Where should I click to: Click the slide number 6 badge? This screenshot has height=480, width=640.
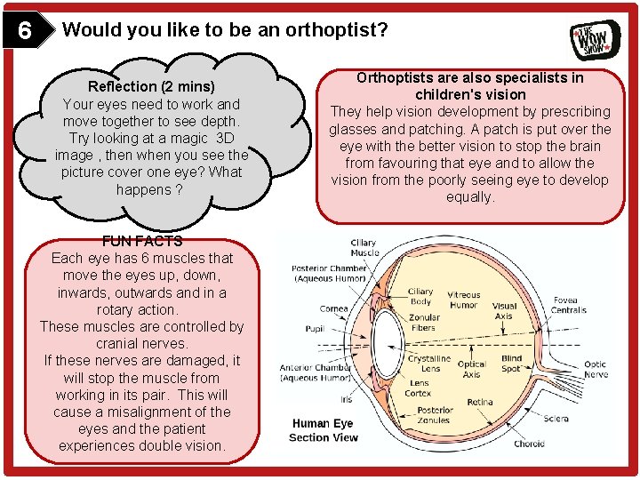[25, 32]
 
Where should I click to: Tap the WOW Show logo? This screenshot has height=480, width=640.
[595, 39]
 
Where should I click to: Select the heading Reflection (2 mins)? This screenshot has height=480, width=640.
[151, 86]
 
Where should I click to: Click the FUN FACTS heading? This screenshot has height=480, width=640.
[142, 241]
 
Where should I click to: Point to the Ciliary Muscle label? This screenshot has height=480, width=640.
[364, 247]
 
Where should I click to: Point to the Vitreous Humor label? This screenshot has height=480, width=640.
[463, 300]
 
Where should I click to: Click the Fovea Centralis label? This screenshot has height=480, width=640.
[569, 306]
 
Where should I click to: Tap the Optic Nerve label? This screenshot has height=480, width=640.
[595, 370]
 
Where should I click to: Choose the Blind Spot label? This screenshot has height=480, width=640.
[511, 363]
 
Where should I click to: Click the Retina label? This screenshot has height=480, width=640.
[480, 402]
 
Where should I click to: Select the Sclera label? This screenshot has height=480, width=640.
[556, 418]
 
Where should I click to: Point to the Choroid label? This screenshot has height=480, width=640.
[529, 444]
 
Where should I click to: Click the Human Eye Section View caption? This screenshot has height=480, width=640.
[324, 430]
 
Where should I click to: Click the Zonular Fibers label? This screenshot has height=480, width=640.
[423, 323]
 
